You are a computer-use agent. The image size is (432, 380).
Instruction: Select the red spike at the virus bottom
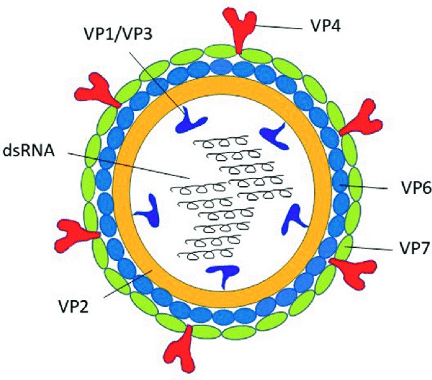[185, 348]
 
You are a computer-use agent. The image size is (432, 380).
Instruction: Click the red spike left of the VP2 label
[74, 234]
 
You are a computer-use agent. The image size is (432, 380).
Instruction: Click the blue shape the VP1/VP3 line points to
[192, 119]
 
